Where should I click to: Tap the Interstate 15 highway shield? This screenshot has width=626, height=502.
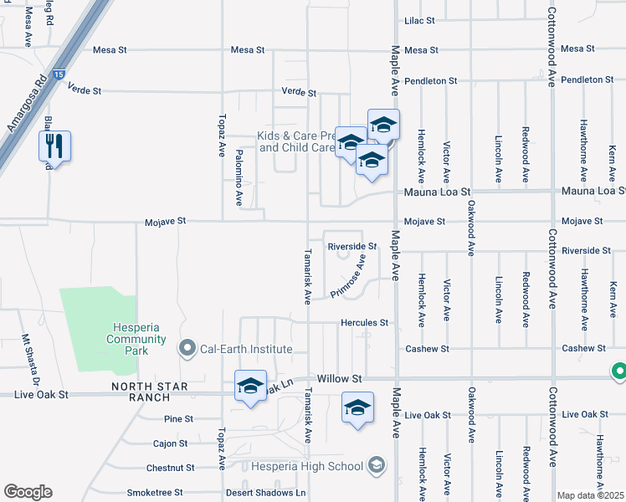tap(57, 74)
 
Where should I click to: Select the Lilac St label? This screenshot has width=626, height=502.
tap(419, 20)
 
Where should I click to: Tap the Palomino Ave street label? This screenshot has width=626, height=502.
tap(239, 177)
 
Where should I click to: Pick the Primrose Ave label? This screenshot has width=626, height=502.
tap(348, 277)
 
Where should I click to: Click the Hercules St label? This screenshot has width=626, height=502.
tap(364, 322)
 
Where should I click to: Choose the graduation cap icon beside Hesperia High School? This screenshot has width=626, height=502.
tap(377, 466)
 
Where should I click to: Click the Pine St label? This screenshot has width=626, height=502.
tap(179, 418)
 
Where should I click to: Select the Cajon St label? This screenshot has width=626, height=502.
tap(170, 443)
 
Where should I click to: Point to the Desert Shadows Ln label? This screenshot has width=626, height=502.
tap(265, 493)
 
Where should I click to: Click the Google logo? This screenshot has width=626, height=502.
tap(28, 492)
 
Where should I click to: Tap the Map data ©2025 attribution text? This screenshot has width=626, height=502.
tap(590, 495)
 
